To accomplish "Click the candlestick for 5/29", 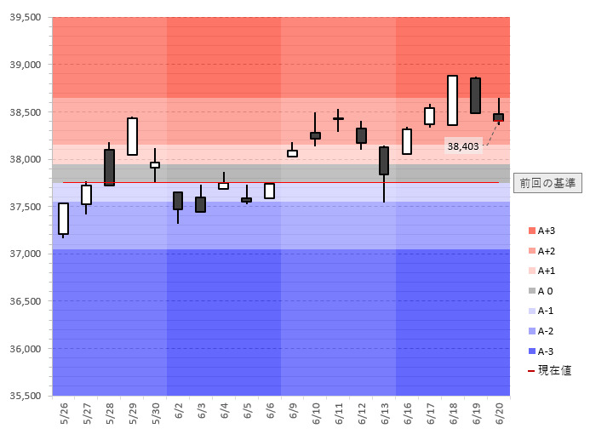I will (132, 136).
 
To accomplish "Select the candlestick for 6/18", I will (452, 100).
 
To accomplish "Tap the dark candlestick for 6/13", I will (384, 161).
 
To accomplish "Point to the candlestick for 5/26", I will (63, 218).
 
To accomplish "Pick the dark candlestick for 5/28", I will (109, 167).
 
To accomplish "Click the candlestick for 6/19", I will (475, 95).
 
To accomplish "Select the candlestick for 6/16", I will (407, 141).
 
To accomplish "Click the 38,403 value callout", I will (463, 146).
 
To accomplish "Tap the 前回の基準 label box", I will (548, 182).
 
